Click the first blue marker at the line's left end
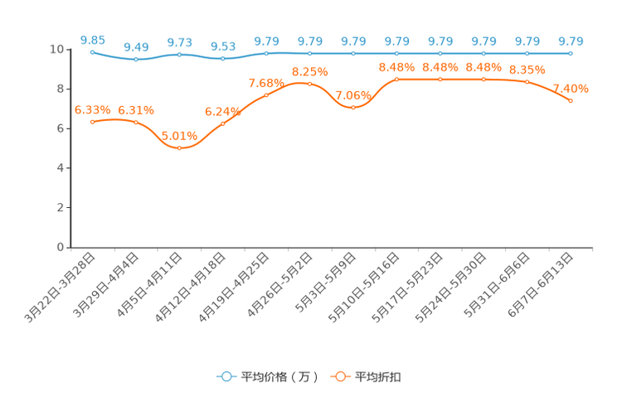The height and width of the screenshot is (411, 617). [92, 51]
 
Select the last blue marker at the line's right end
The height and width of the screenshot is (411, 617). [571, 53]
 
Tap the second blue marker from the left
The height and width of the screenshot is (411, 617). [136, 59]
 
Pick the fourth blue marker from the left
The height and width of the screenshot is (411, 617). [223, 59]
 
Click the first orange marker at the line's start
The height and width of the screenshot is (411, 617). [92, 122]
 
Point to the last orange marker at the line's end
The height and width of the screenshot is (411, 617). [571, 100]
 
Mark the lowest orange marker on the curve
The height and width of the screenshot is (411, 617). [179, 148]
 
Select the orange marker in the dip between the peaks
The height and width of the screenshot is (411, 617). [353, 108]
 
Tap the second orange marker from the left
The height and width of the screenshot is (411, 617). [136, 123]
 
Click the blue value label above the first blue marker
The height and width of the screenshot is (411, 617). [92, 39]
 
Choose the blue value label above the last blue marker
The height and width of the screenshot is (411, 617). [571, 41]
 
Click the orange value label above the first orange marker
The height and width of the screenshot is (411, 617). [92, 109]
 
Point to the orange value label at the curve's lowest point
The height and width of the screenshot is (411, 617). [179, 136]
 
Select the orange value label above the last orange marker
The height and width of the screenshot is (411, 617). [571, 88]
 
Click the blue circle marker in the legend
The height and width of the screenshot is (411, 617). [226, 376]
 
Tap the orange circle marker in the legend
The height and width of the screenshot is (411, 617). [340, 376]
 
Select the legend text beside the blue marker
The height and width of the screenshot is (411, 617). [279, 377]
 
